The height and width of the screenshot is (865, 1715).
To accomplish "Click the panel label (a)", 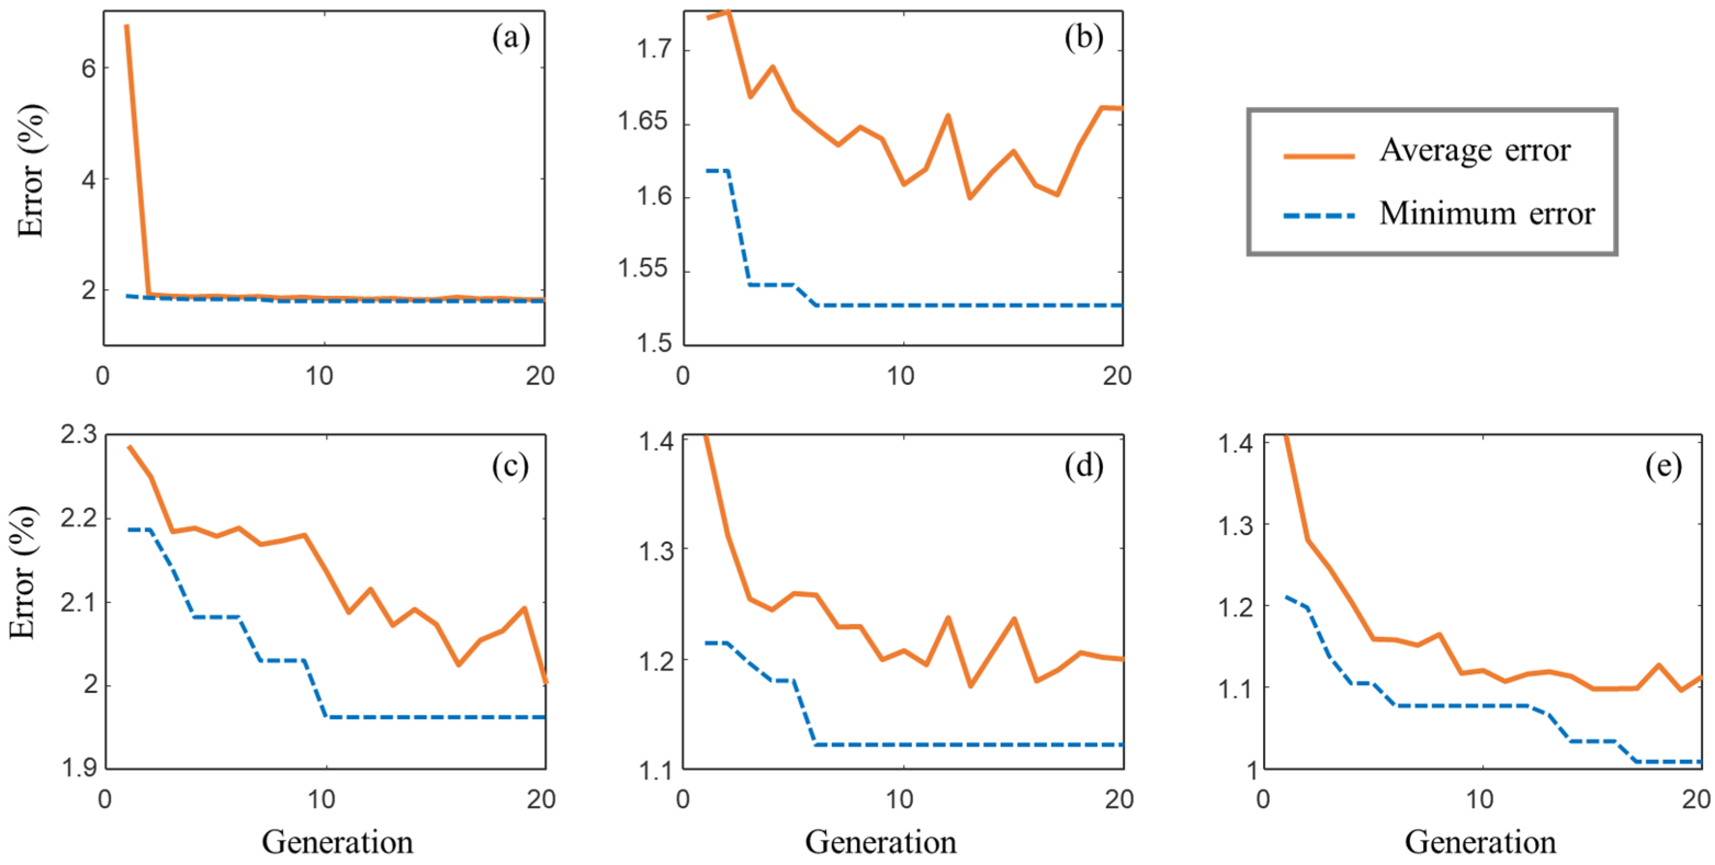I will tap(511, 38).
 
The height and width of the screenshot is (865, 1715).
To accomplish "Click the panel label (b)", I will tap(1083, 38).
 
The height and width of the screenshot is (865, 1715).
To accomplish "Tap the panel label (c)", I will tap(511, 466).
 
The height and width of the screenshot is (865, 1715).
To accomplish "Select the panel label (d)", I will tap(1083, 466).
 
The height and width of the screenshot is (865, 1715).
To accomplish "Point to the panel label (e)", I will tap(1663, 466).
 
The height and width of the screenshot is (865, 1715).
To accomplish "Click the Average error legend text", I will tap(1475, 150).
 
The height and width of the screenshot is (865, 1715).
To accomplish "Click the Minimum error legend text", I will tap(1487, 214).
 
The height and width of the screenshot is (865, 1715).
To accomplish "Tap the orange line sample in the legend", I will tap(1319, 156).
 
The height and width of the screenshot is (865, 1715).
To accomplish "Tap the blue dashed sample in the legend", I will tap(1319, 215).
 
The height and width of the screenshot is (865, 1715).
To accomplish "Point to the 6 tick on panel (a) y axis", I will tap(88, 68).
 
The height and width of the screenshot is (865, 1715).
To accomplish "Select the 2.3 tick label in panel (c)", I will tap(78, 435).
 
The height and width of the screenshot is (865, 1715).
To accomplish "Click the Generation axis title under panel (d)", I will tap(880, 843).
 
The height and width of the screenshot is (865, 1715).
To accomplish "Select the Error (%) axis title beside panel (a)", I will tap(31, 171).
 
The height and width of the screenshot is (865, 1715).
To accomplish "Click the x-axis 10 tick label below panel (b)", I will tap(900, 377).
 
